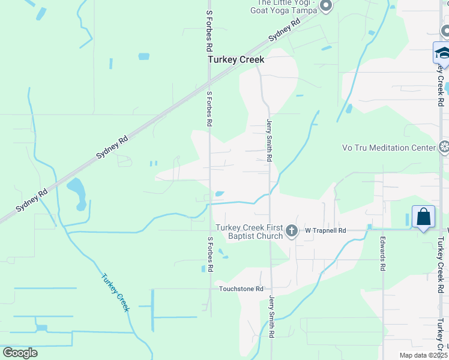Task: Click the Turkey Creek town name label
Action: [235, 60]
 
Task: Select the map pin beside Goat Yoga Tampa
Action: [326, 7]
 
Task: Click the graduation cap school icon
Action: [442, 53]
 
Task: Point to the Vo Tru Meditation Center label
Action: [388, 148]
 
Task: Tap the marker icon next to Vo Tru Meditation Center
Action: [444, 147]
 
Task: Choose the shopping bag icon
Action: [423, 217]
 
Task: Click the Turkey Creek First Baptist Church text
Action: [249, 231]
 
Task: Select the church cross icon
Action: [292, 230]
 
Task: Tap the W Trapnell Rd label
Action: [325, 230]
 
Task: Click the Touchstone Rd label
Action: [241, 289]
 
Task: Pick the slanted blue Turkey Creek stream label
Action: [115, 292]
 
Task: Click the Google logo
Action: [20, 352]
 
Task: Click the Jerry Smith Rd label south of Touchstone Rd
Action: [272, 315]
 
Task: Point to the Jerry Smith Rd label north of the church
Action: [270, 140]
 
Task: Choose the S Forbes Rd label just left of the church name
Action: [210, 254]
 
